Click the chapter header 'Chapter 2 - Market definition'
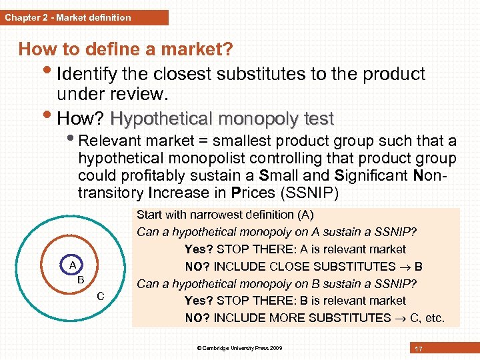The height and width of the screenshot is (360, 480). coord(68,17)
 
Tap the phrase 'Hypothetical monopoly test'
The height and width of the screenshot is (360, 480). coord(222,119)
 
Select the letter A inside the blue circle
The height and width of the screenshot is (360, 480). coord(73,265)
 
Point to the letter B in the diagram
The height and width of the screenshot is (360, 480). coord(81,279)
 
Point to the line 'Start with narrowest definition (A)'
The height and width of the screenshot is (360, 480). coord(225,215)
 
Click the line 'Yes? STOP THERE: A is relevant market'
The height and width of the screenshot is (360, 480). coord(295,249)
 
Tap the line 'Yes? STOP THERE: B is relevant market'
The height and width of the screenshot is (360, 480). coord(295,301)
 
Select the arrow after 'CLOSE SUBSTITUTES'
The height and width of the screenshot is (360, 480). coord(405,267)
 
